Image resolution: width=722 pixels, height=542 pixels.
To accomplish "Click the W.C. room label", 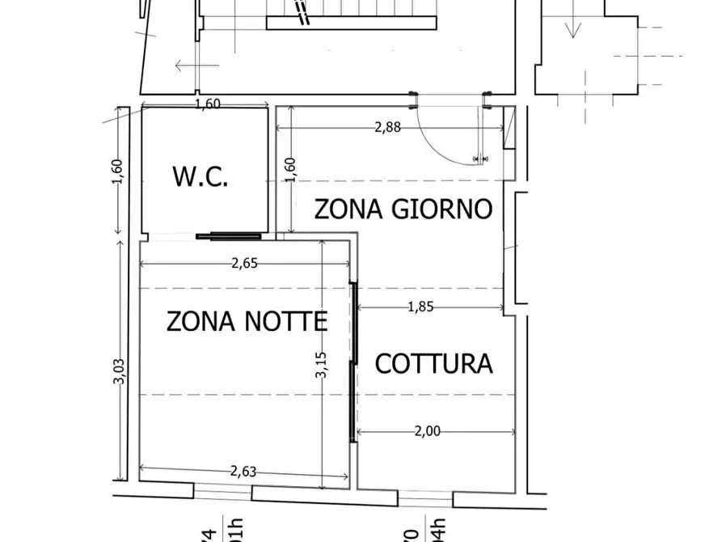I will [x=200, y=176].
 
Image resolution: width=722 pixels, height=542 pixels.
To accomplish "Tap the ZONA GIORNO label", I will [x=403, y=209].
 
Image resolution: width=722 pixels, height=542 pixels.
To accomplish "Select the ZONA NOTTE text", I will [x=247, y=321].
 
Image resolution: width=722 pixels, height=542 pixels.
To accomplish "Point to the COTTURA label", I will [x=433, y=363].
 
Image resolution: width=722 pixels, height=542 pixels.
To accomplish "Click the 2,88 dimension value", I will [x=387, y=126].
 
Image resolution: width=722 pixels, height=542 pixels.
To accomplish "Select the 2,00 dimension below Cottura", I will [x=427, y=431].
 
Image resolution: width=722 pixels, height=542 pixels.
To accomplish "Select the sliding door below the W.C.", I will [x=229, y=236].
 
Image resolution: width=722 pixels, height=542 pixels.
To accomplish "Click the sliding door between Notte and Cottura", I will [x=353, y=360].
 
